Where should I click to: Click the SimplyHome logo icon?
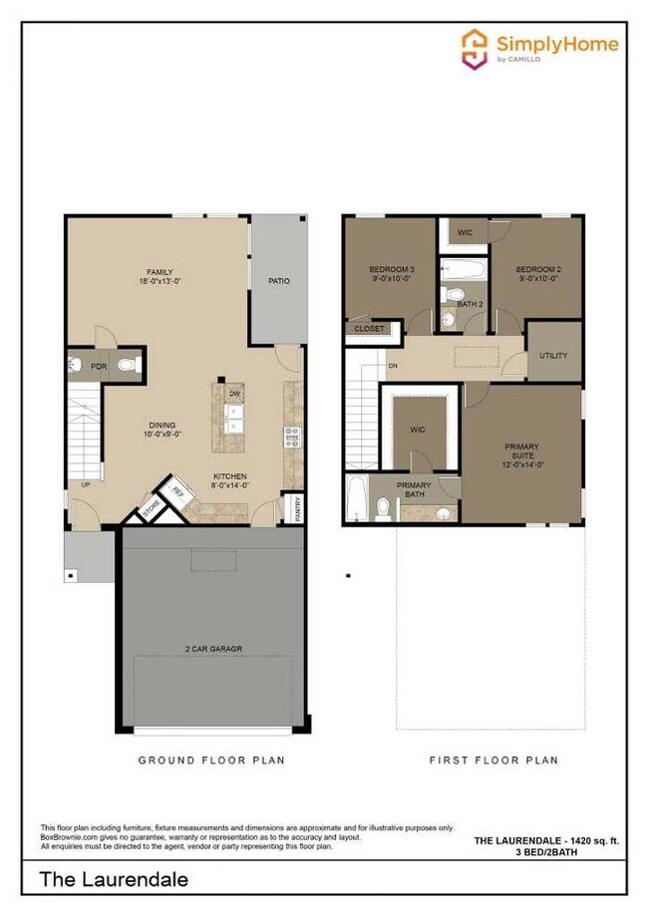pyautogui.click(x=476, y=48)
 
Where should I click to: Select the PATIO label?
pyautogui.click(x=279, y=281)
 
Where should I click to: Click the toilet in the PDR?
pyautogui.click(x=128, y=366)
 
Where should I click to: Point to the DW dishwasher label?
pyautogui.click(x=235, y=395)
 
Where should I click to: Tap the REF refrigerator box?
pyautogui.click(x=178, y=491)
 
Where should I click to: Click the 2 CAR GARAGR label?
pyautogui.click(x=212, y=649)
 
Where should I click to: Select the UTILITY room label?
pyautogui.click(x=553, y=356)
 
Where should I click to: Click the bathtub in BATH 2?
pyautogui.click(x=464, y=269)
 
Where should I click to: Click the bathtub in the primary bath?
pyautogui.click(x=355, y=499)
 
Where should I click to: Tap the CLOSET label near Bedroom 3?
pyautogui.click(x=370, y=328)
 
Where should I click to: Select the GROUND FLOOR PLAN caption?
pyautogui.click(x=210, y=761)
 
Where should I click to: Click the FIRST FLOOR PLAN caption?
pyautogui.click(x=493, y=761)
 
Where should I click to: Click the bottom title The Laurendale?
pyautogui.click(x=114, y=880)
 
